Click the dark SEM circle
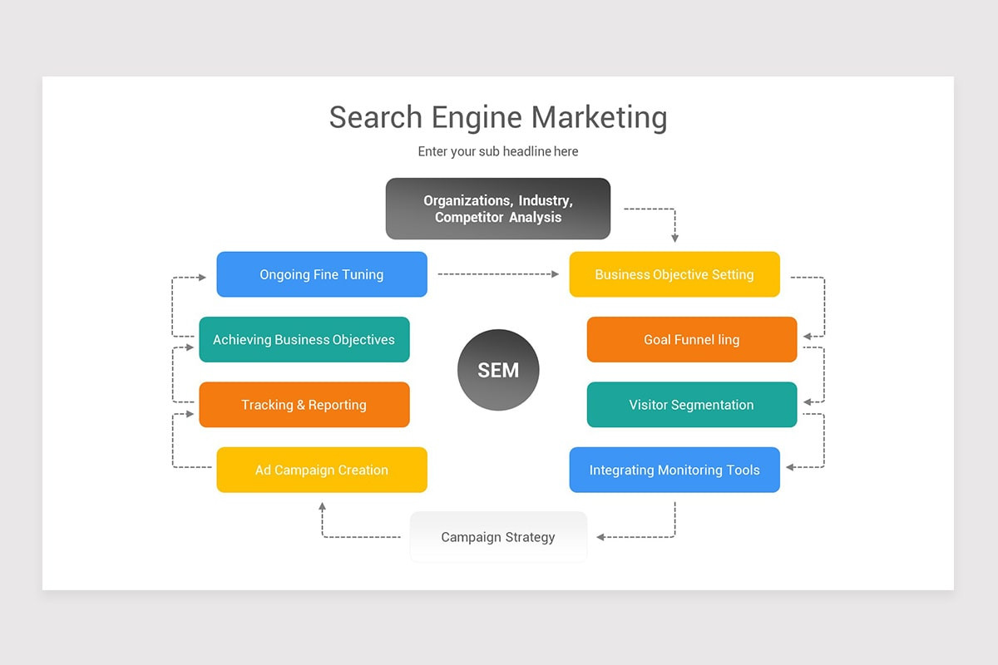pyautogui.click(x=498, y=370)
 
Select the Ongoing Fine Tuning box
pyautogui.click(x=322, y=274)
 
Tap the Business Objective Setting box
pyautogui.click(x=674, y=274)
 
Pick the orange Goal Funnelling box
pyautogui.click(x=692, y=339)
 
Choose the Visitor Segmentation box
pyautogui.click(x=692, y=405)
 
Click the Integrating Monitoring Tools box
pyautogui.click(x=674, y=470)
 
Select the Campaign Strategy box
pyautogui.click(x=498, y=537)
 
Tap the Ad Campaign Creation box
pyautogui.click(x=322, y=470)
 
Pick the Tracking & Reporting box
pyautogui.click(x=304, y=405)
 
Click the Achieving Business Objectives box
pyautogui.click(x=304, y=339)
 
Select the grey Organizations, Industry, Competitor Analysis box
pyautogui.click(x=498, y=209)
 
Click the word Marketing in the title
pyautogui.click(x=599, y=117)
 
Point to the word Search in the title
pyautogui.click(x=376, y=117)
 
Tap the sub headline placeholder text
pyautogui.click(x=498, y=151)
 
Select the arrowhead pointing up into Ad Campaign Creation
pyautogui.click(x=323, y=506)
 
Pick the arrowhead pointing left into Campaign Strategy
pyautogui.click(x=601, y=537)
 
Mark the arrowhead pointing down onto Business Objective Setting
pyautogui.click(x=674, y=238)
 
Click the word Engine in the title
pyautogui.click(x=477, y=117)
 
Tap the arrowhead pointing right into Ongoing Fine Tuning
pyautogui.click(x=202, y=277)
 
